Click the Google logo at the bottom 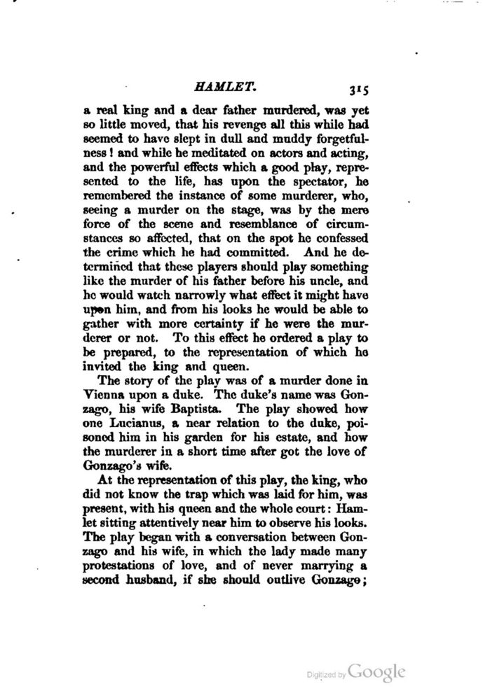[376, 672]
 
